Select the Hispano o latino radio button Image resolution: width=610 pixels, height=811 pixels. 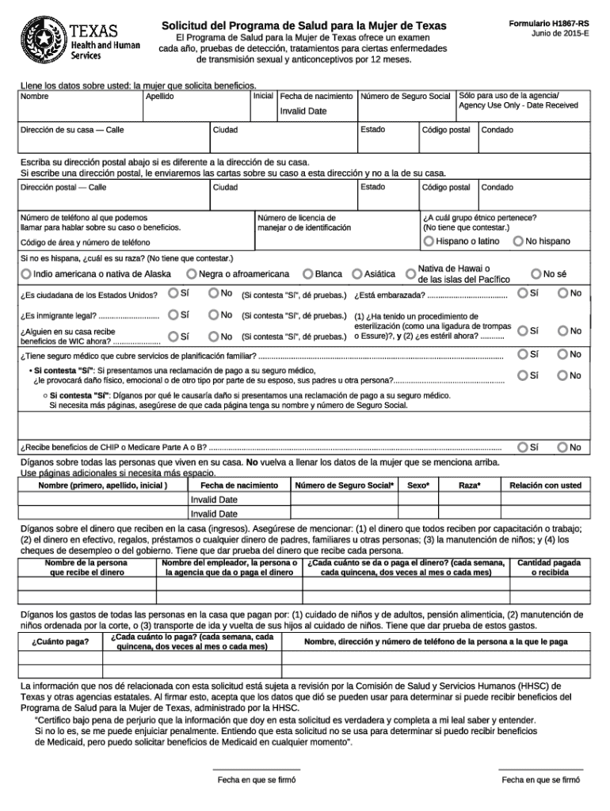(x=429, y=241)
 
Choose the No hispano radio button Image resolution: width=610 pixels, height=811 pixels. (x=519, y=241)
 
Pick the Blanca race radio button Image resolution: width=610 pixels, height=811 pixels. (x=308, y=274)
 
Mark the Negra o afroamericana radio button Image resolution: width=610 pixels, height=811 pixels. (x=192, y=274)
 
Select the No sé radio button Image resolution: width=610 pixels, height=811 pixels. (x=536, y=274)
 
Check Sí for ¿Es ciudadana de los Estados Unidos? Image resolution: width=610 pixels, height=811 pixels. (x=173, y=294)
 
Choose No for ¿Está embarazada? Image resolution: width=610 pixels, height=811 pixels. (x=563, y=294)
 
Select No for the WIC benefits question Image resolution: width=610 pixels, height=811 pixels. (x=214, y=336)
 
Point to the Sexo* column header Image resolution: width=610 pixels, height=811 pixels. (x=417, y=485)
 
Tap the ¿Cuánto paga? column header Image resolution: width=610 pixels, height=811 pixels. (x=60, y=641)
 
